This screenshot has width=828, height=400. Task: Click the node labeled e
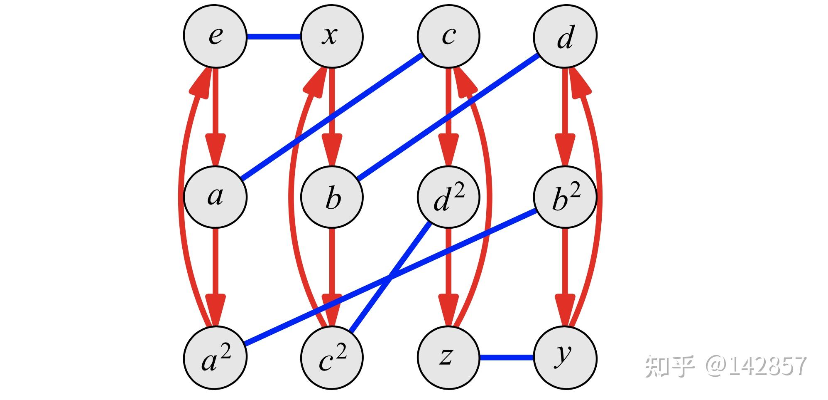(215, 36)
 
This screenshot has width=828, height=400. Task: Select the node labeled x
(332, 36)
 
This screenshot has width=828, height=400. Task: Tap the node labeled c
(448, 36)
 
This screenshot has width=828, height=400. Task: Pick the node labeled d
(565, 36)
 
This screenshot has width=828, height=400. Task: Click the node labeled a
(215, 197)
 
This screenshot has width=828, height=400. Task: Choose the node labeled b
(332, 197)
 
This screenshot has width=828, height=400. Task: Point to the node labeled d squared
(448, 197)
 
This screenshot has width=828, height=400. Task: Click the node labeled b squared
(565, 197)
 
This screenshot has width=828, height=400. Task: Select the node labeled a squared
(215, 358)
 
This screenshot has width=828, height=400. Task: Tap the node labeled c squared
(332, 358)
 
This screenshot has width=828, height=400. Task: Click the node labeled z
(448, 358)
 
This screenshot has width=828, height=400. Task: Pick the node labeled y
(565, 358)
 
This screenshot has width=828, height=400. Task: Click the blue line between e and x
(273, 37)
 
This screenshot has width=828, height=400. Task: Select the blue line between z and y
(507, 358)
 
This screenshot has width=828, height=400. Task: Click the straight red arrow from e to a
(215, 108)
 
